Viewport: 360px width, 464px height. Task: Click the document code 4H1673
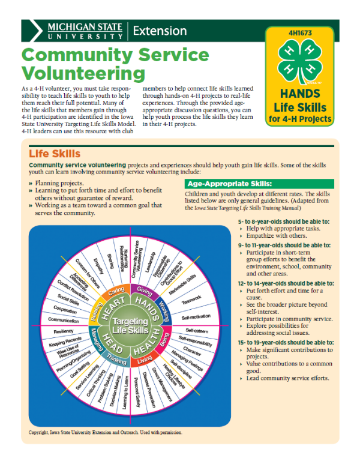[x=300, y=34]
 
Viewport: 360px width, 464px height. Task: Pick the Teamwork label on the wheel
[x=191, y=297]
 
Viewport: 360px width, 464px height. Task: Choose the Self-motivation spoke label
[x=196, y=316]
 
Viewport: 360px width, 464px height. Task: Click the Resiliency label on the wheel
[x=63, y=331]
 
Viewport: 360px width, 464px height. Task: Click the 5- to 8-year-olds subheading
[x=275, y=222]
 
